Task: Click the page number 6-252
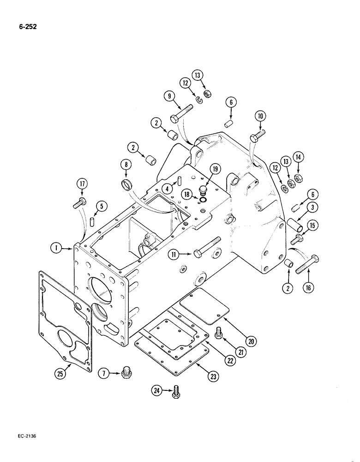pos(28,26)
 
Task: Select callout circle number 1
pos(56,249)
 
